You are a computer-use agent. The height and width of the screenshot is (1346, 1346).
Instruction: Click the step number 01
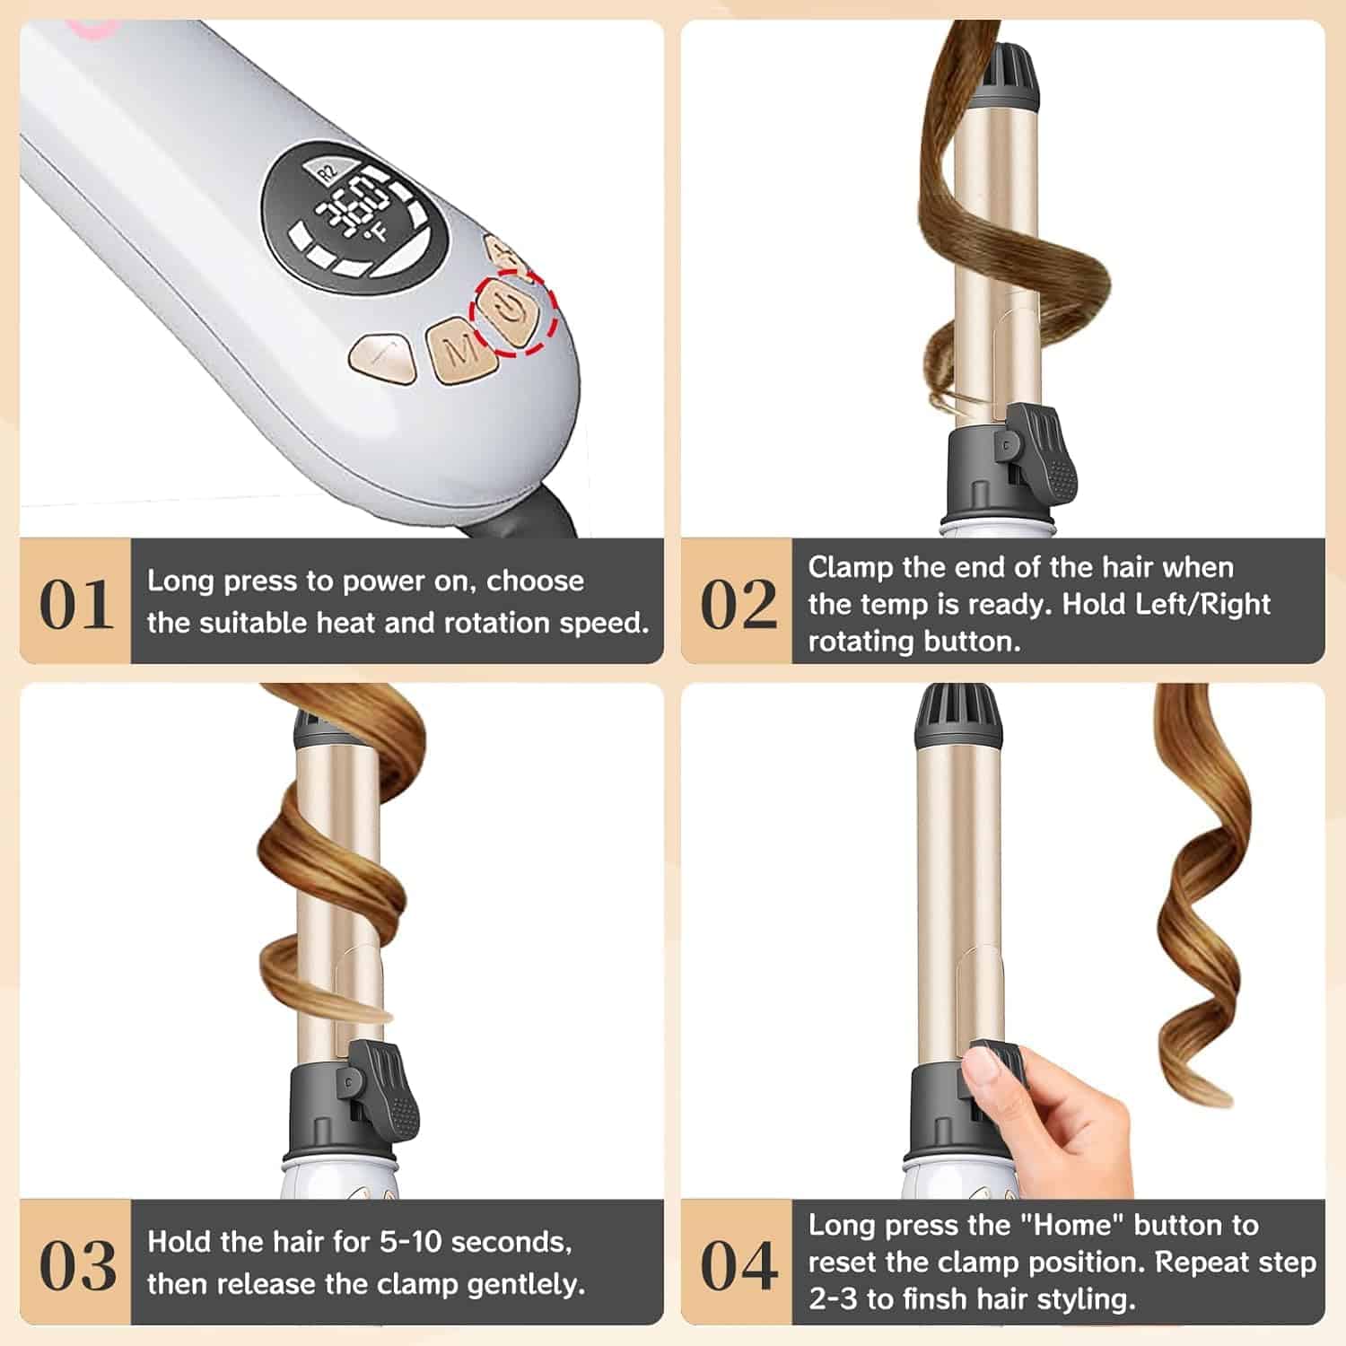76,605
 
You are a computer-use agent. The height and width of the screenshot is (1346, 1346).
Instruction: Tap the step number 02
739,605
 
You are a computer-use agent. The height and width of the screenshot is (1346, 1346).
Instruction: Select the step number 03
77,1266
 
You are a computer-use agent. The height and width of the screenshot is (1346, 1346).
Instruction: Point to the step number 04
739,1266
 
